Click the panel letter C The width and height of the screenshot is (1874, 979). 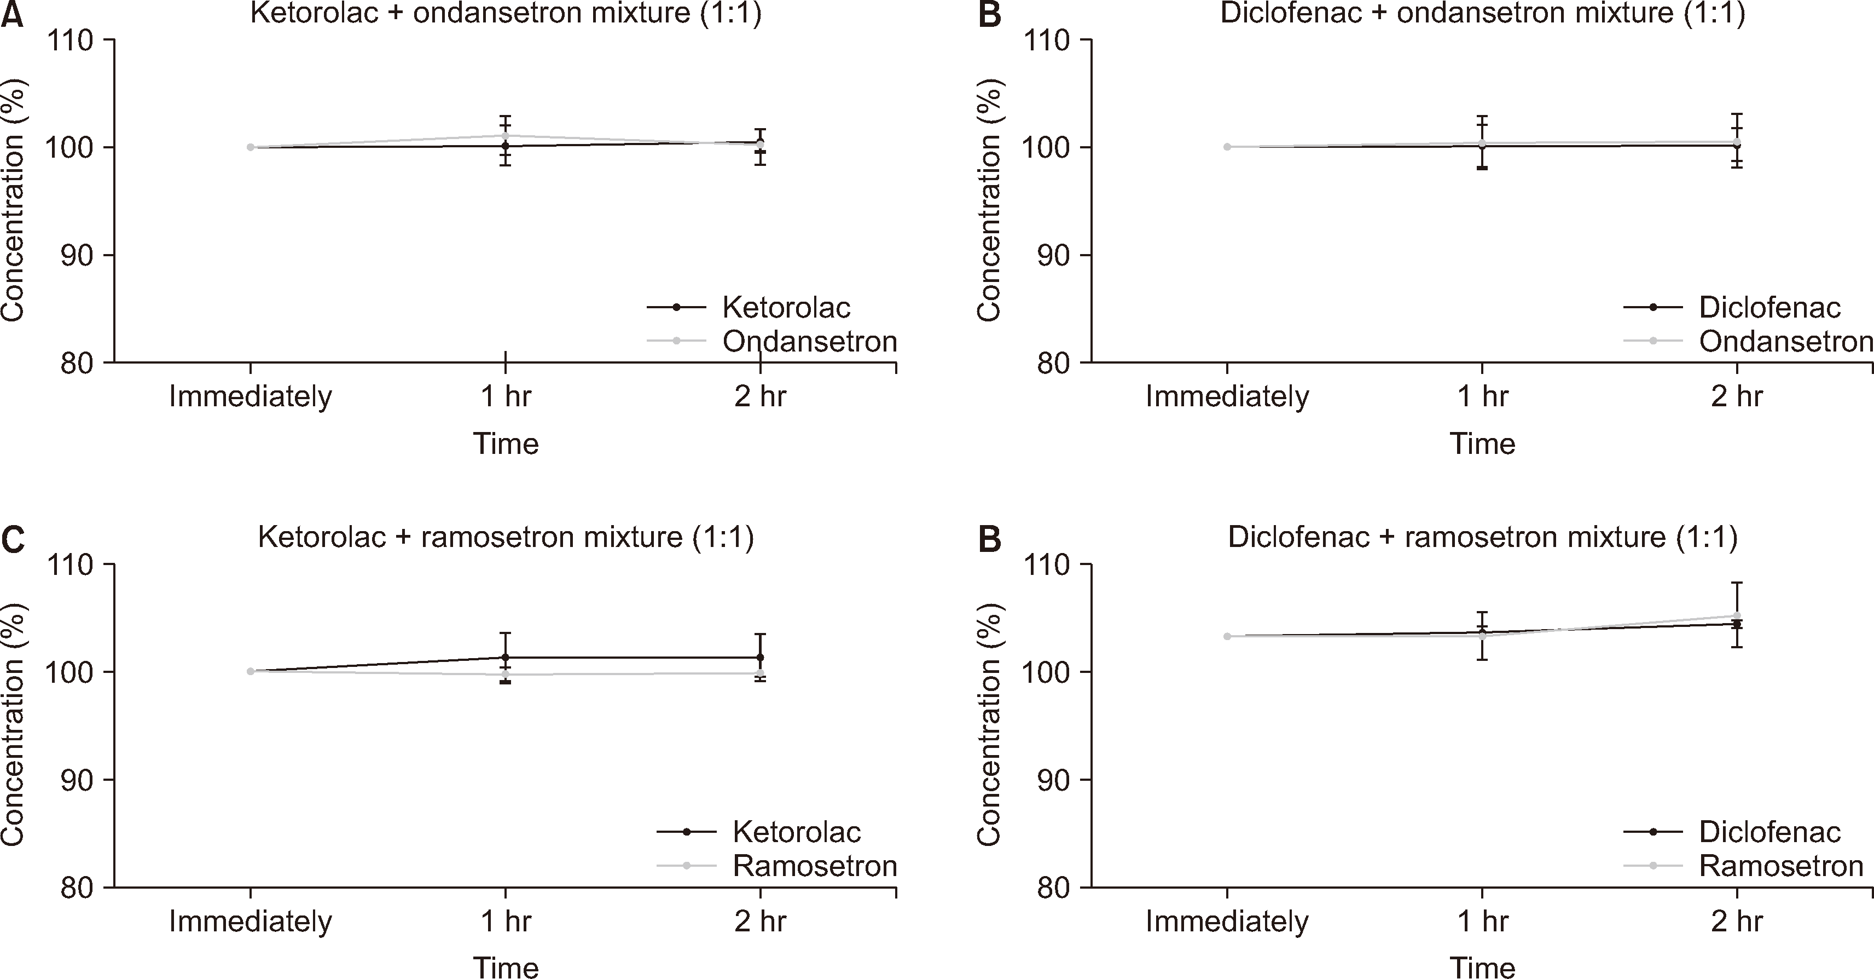(x=13, y=539)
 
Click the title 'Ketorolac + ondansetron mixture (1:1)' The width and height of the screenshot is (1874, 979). (x=506, y=13)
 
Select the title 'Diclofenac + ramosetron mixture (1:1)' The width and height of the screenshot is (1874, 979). (x=1483, y=537)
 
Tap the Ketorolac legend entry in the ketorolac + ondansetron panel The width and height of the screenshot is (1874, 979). (x=786, y=308)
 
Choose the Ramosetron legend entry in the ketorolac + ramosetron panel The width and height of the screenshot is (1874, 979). (x=814, y=866)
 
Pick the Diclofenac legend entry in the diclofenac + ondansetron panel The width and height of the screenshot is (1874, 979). (x=1769, y=308)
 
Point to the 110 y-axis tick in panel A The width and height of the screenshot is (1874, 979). (x=71, y=41)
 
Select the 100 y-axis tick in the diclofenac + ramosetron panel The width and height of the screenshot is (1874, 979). (x=1048, y=672)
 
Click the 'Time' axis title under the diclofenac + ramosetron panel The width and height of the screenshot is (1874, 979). (x=1483, y=968)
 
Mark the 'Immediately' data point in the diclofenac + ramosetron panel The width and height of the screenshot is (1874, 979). (x=1227, y=636)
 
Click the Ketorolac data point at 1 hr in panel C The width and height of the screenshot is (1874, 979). (x=506, y=657)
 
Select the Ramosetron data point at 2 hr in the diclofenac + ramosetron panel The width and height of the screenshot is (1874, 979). (x=1737, y=616)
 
